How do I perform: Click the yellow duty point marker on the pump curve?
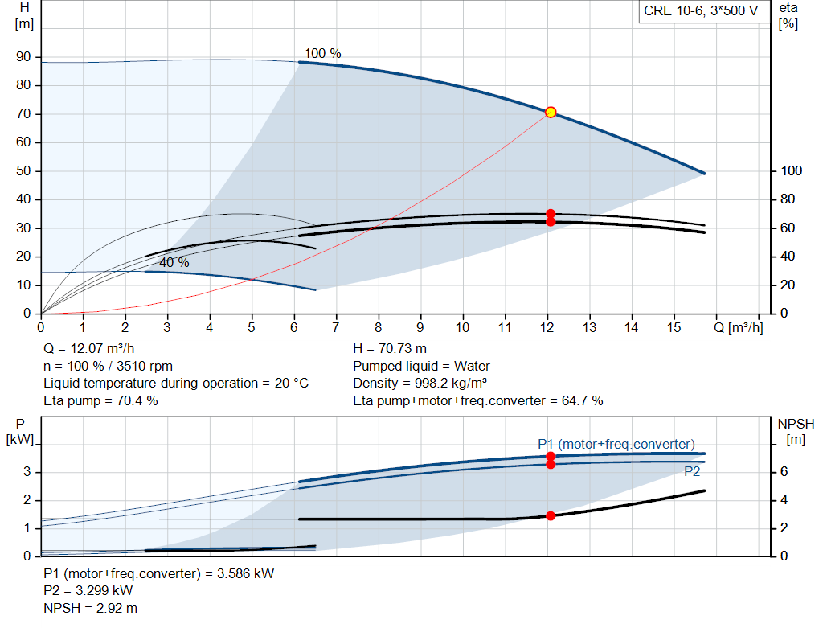coord(551,112)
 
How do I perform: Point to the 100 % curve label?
coord(322,53)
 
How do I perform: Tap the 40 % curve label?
coord(174,263)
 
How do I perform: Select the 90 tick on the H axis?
coord(24,57)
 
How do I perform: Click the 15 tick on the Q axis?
coord(673,327)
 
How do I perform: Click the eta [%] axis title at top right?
coord(788,15)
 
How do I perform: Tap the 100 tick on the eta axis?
coord(791,171)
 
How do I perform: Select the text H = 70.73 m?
coord(390,349)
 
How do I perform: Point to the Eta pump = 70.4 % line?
coord(100,400)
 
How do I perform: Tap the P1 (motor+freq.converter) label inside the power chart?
coord(616,444)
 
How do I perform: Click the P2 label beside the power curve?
coord(692,472)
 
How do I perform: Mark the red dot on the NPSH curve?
coord(551,515)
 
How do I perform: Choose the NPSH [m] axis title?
coord(796,431)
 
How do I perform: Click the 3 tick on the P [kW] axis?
coord(27,472)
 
